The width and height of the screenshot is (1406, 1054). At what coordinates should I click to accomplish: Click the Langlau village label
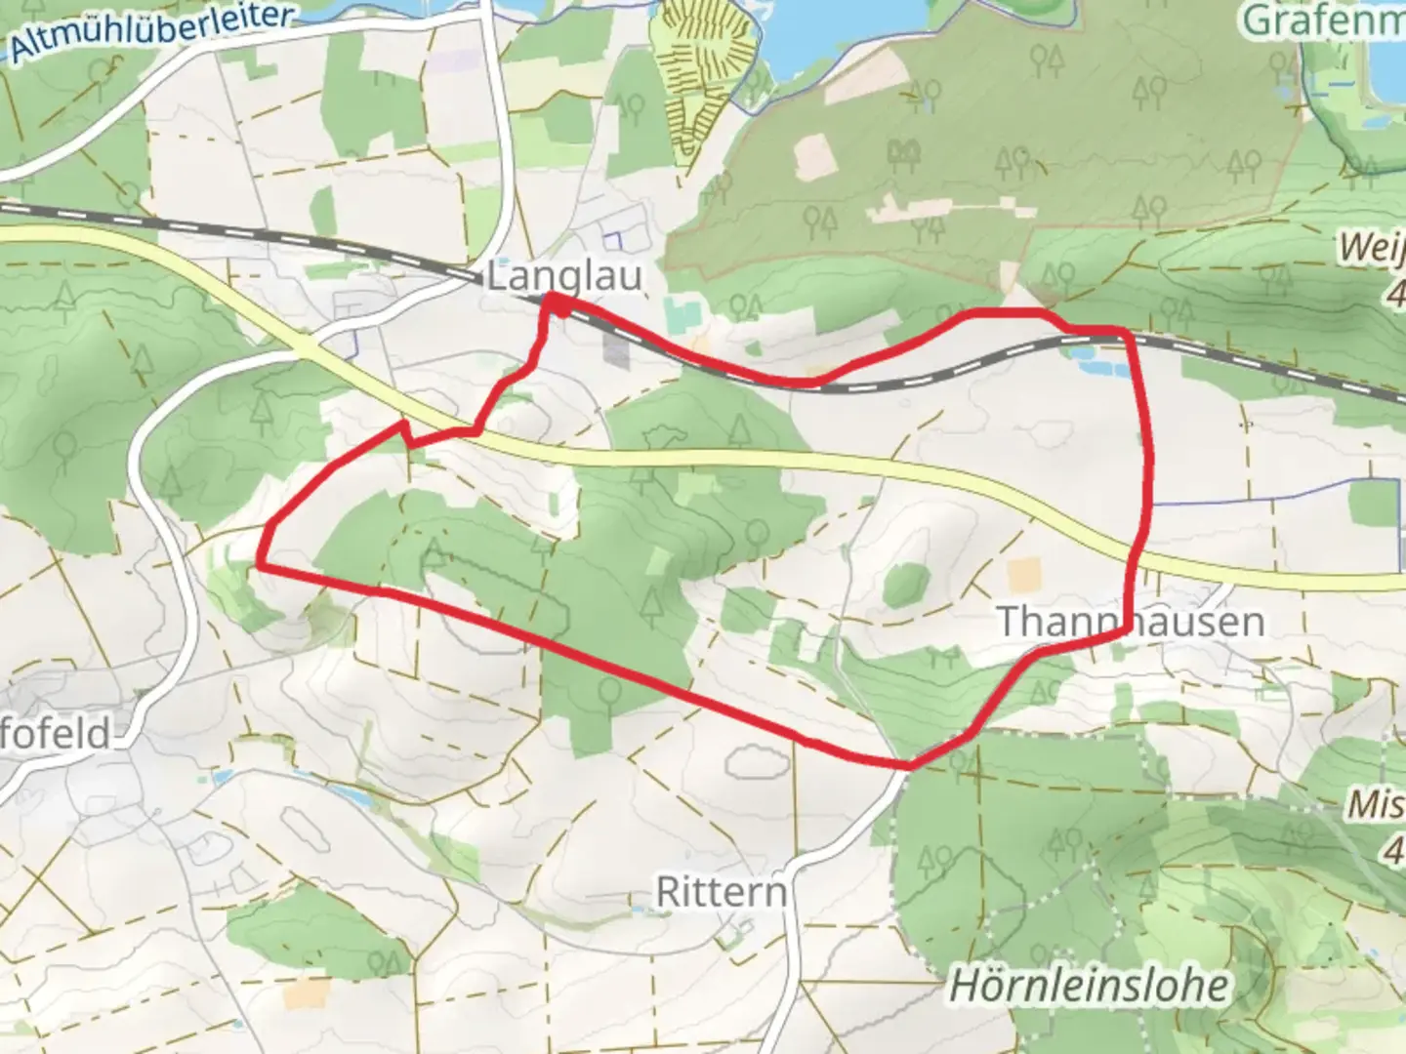564,276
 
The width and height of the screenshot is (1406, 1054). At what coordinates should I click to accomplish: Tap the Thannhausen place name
1130,622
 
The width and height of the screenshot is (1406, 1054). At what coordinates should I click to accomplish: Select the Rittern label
721,892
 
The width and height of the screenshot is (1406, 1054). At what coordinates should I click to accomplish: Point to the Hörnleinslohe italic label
1089,986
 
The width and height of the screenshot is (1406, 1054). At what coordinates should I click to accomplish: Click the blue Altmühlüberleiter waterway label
151,33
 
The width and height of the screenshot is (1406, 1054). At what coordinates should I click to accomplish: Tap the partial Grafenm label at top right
1324,20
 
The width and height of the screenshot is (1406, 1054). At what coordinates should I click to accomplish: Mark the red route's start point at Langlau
557,304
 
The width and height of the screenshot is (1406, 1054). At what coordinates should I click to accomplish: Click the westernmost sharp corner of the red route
261,564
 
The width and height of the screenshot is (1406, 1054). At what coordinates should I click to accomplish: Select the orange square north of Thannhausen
1024,575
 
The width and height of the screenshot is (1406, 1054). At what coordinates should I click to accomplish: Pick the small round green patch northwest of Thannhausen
905,584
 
